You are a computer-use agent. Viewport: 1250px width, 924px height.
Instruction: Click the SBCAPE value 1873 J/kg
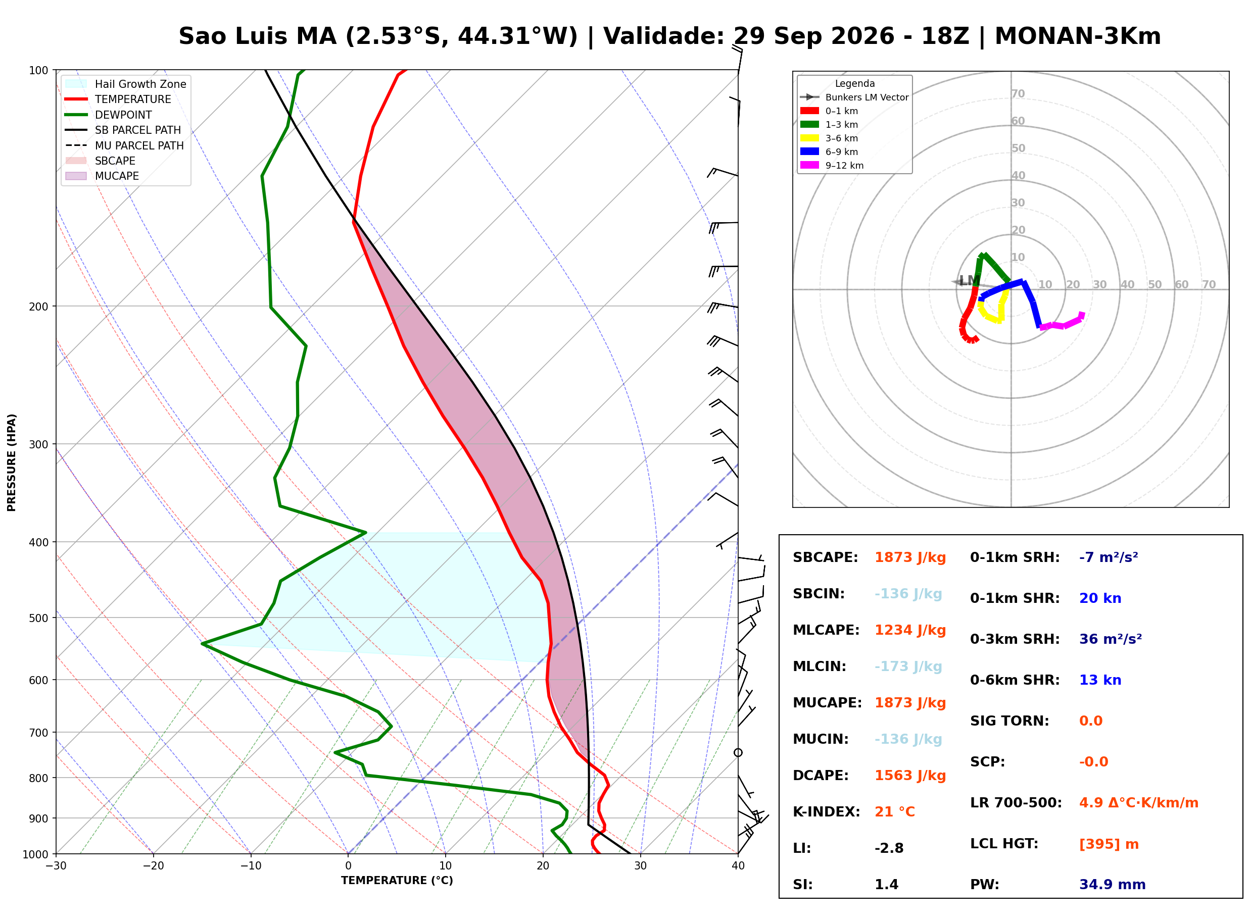click(x=910, y=557)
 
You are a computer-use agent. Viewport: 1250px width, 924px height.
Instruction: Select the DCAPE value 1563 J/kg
click(x=910, y=776)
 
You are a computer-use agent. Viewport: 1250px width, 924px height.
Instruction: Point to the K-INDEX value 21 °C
click(x=895, y=812)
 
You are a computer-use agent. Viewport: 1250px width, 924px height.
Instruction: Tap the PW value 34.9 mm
click(x=1113, y=885)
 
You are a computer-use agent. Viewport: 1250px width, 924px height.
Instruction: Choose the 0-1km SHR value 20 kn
click(x=1100, y=598)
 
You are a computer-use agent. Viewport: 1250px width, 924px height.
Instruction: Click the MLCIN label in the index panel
click(x=819, y=666)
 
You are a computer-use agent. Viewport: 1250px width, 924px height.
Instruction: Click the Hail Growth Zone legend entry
click(x=126, y=84)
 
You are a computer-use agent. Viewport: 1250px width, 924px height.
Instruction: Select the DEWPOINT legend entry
click(x=109, y=115)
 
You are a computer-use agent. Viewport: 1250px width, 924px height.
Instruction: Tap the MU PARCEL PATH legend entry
click(x=124, y=145)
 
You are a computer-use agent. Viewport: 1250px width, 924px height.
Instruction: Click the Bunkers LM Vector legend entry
click(x=854, y=97)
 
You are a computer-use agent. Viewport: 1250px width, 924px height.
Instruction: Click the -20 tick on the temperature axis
click(x=153, y=866)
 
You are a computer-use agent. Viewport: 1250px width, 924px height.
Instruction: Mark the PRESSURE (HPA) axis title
click(x=12, y=462)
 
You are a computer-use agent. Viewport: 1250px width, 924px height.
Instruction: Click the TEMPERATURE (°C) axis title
click(x=397, y=881)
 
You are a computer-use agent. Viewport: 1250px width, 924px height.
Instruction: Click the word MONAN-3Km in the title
click(x=1078, y=36)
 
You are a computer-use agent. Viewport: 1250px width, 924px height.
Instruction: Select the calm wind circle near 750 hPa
click(x=738, y=753)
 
